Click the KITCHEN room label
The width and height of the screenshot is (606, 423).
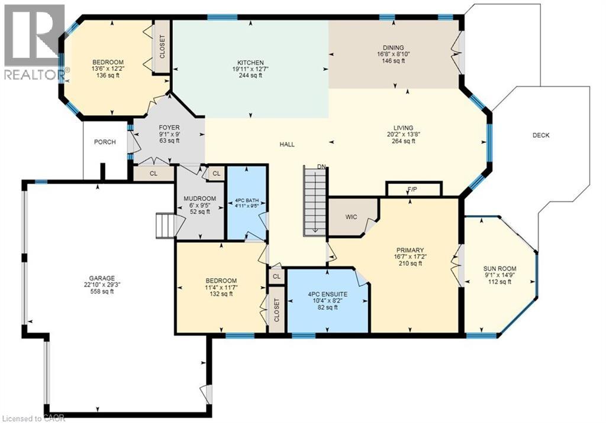click(x=250, y=63)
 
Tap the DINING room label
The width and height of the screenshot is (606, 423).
click(x=394, y=48)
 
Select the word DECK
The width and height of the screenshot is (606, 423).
click(x=541, y=135)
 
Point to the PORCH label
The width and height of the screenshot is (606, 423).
click(x=105, y=142)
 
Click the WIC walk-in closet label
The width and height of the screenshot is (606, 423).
click(x=352, y=217)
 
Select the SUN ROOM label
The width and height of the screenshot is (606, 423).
click(x=499, y=269)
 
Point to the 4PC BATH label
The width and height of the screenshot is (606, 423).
click(x=247, y=201)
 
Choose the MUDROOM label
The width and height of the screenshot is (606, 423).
click(x=200, y=199)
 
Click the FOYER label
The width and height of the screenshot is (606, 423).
click(x=169, y=128)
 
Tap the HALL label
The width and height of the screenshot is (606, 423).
click(x=287, y=144)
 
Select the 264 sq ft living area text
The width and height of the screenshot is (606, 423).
click(x=404, y=141)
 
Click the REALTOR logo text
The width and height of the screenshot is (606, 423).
click(x=35, y=74)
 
